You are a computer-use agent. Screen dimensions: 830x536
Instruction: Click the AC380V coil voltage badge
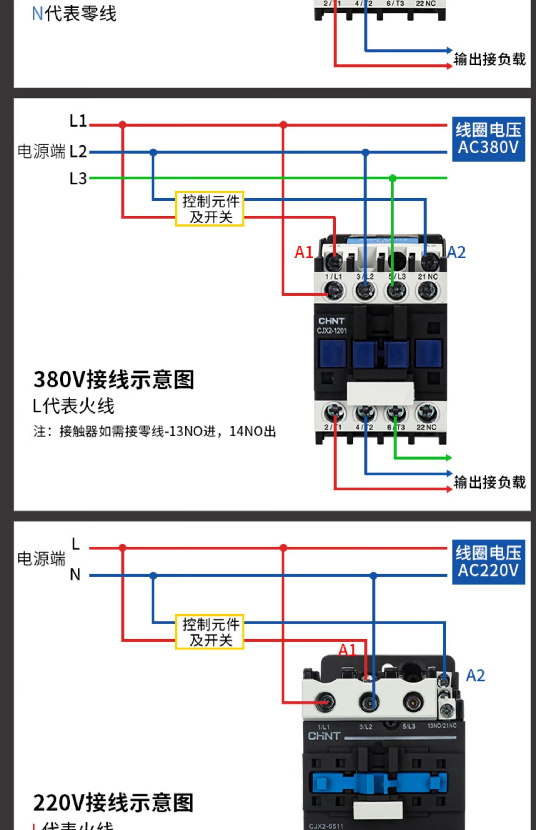point(488,139)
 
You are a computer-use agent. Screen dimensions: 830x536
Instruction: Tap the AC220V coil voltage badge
point(488,562)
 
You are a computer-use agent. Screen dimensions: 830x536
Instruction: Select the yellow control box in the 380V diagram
point(210,209)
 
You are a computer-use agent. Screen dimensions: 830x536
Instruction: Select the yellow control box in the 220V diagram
point(210,632)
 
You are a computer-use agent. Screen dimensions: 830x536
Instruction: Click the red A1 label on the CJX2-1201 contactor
point(304,252)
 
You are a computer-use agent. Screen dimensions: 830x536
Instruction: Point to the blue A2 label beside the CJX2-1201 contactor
point(457,252)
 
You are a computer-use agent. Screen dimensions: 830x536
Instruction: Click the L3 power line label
point(78,178)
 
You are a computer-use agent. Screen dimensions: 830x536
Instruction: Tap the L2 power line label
point(78,152)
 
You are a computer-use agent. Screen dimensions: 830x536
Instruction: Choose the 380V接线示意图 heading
point(114,380)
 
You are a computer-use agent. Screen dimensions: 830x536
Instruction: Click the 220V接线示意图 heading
point(114,803)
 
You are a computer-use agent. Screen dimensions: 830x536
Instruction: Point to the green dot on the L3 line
point(393,178)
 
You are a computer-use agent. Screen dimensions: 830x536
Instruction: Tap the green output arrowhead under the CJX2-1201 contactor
point(449,458)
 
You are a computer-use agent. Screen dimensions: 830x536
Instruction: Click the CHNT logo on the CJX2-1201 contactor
point(331,321)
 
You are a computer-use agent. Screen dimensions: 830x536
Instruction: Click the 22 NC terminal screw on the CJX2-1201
point(427,413)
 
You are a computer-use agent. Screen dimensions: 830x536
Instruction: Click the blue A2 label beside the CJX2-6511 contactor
point(476,676)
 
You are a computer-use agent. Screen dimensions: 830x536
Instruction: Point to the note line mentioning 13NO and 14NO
point(155,431)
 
